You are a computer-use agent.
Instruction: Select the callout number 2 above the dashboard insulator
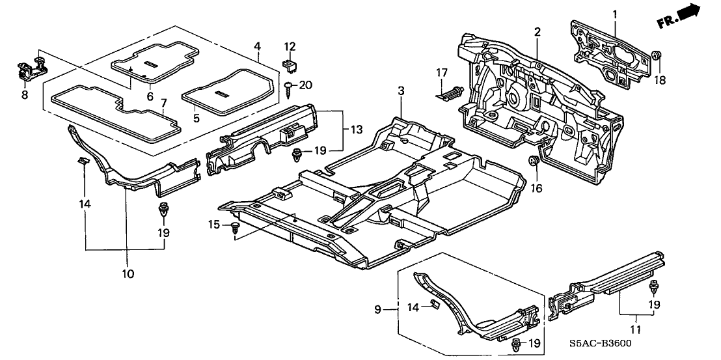[537, 32]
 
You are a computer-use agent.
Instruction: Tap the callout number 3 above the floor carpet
[401, 92]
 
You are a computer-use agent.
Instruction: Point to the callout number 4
[258, 46]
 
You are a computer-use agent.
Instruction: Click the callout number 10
[128, 273]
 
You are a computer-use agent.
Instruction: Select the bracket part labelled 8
[28, 68]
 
